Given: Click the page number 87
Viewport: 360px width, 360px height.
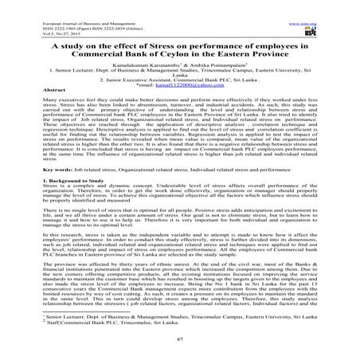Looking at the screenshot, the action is pyautogui.click(x=180, y=352).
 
